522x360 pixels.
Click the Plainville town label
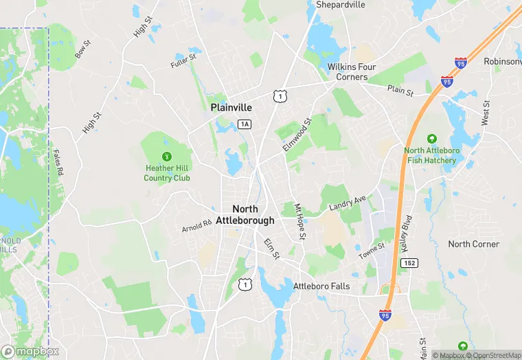point(231,108)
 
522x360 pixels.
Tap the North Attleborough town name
point(245,214)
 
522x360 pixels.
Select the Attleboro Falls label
point(321,286)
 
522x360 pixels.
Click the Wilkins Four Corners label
point(352,71)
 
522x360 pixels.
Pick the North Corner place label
point(475,245)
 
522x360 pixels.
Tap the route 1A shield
point(245,124)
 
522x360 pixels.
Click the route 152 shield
point(410,264)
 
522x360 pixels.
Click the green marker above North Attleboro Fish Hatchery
point(431,139)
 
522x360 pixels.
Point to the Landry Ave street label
point(348,204)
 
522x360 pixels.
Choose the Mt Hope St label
point(299,222)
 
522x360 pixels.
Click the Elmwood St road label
point(297,135)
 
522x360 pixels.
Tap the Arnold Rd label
point(197,226)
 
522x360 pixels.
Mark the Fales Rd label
point(60,163)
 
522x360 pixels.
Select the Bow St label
point(83,49)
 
